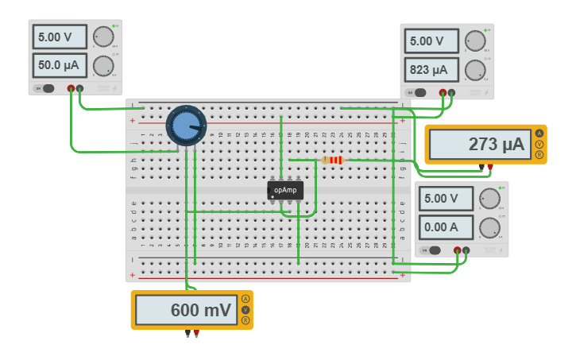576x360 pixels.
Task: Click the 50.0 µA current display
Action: point(60,65)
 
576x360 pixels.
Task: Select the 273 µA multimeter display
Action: point(480,145)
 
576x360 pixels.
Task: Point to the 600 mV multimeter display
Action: point(187,310)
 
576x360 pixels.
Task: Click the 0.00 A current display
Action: point(446,227)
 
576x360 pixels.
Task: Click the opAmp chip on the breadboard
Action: point(285,190)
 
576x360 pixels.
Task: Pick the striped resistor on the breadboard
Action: point(334,160)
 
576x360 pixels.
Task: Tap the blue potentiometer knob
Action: point(186,126)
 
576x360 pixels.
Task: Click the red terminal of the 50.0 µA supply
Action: point(72,89)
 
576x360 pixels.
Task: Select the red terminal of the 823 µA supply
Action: point(443,93)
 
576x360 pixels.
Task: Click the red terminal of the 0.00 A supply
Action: point(457,250)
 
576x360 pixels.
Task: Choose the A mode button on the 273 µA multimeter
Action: point(539,134)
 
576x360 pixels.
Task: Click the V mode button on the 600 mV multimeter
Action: point(245,310)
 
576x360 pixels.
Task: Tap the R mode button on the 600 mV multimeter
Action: point(245,320)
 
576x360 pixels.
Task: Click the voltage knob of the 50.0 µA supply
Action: point(103,37)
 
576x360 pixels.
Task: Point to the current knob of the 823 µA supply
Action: point(475,70)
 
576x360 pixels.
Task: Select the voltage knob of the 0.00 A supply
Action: point(489,199)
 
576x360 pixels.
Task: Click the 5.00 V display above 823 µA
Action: point(431,41)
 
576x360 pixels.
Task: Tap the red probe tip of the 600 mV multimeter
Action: point(196,334)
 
